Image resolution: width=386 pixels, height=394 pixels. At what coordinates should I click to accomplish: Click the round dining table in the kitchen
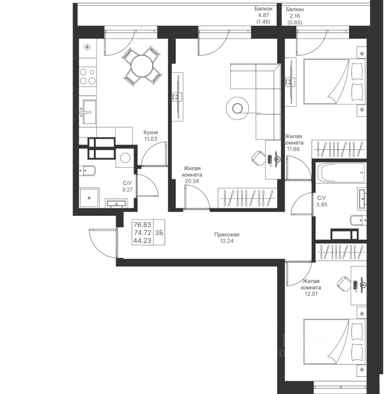(x=142, y=66)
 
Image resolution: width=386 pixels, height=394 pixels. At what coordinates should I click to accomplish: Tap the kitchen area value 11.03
(x=151, y=139)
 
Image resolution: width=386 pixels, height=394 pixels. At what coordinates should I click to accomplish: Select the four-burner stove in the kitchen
(x=88, y=77)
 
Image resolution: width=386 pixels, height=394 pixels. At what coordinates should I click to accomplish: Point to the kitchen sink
(x=88, y=112)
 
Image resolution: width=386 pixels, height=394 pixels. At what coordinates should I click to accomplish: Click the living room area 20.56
(x=192, y=181)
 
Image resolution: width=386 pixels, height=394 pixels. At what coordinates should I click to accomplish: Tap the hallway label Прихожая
(x=227, y=235)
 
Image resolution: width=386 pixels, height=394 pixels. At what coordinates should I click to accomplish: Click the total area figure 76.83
(x=142, y=224)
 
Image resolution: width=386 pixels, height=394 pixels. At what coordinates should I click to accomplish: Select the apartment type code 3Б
(x=159, y=233)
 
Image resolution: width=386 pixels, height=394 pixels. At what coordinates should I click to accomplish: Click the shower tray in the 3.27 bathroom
(x=89, y=198)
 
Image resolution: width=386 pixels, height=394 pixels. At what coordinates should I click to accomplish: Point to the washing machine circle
(x=125, y=158)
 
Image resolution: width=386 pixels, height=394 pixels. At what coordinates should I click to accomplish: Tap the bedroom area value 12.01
(x=311, y=294)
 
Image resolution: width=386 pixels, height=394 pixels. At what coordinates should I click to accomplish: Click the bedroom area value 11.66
(x=294, y=149)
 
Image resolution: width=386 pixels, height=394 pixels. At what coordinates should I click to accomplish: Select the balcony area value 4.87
(x=263, y=15)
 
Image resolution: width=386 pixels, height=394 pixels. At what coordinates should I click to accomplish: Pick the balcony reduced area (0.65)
(x=295, y=22)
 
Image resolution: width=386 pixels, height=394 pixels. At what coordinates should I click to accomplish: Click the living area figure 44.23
(x=142, y=241)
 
